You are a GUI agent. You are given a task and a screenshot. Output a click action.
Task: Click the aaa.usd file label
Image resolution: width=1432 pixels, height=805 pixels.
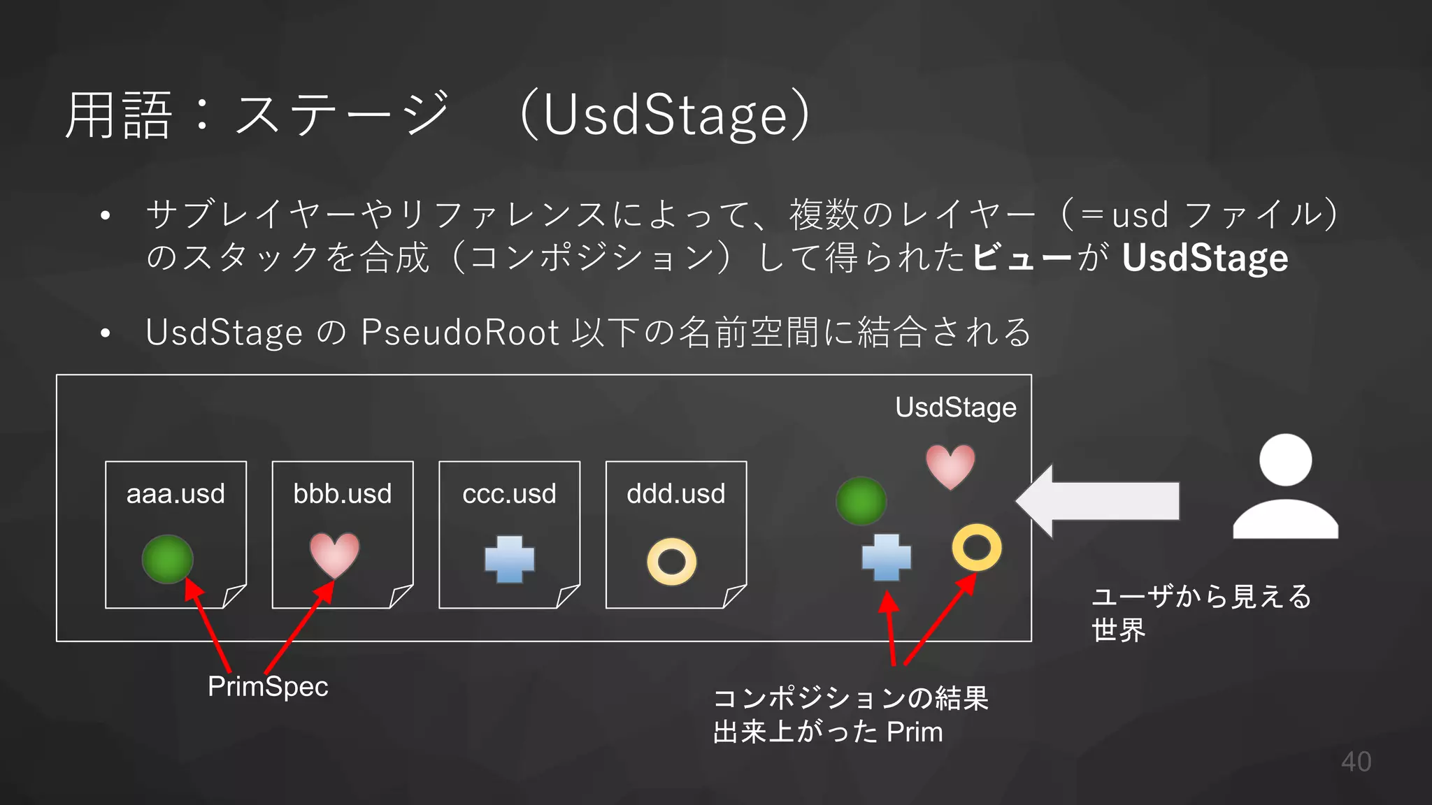click(176, 494)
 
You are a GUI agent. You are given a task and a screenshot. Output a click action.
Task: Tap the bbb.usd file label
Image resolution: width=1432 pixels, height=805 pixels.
click(342, 494)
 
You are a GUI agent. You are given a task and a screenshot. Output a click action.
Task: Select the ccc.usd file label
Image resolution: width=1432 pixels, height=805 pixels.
click(509, 494)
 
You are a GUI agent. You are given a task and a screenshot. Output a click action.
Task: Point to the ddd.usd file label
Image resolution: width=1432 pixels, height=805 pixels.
click(675, 494)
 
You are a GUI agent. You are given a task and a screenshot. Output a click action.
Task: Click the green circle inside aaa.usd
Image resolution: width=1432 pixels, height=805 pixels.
click(168, 559)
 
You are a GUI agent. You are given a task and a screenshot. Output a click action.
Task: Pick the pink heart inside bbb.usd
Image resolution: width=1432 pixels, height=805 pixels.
click(334, 555)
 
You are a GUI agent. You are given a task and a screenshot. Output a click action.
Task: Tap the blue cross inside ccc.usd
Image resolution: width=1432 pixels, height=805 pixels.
click(510, 559)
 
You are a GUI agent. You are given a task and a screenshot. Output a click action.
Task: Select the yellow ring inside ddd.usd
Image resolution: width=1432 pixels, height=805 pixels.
click(671, 562)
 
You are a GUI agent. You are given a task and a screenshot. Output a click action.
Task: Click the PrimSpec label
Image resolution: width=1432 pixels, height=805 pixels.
click(268, 686)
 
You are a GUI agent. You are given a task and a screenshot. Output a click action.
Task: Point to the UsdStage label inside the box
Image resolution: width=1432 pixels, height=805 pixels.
click(955, 407)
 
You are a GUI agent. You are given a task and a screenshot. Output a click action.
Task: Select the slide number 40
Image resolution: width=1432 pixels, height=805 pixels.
click(1356, 762)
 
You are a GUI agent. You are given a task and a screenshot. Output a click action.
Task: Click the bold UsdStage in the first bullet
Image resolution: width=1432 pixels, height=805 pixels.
click(1204, 258)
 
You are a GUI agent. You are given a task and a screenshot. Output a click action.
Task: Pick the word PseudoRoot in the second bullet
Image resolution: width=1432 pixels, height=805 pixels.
click(459, 333)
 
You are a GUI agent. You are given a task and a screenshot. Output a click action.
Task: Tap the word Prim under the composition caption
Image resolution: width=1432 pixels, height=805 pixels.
click(915, 732)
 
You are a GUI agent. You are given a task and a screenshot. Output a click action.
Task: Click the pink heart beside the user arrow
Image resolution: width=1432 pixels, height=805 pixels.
click(950, 465)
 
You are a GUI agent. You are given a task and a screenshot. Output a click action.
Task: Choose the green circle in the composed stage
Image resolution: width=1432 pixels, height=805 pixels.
click(861, 501)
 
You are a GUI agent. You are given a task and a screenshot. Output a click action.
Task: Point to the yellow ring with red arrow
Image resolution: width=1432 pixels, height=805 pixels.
click(976, 547)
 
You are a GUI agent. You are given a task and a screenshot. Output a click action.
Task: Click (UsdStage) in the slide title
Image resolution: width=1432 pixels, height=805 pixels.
click(665, 115)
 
